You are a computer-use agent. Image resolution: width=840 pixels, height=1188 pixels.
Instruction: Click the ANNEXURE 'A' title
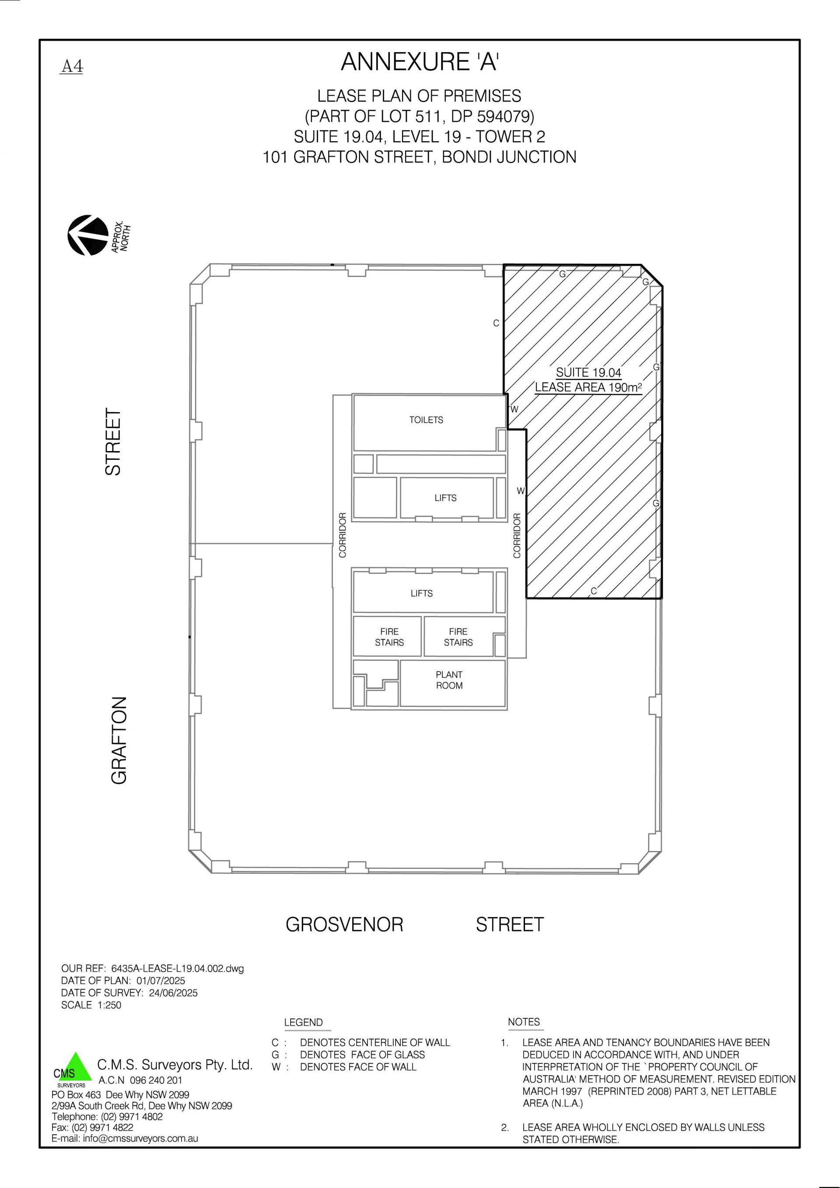420,63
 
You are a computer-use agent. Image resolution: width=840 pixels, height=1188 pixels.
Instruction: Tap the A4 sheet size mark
72,67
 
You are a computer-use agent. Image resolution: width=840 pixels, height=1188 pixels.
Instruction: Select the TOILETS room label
426,420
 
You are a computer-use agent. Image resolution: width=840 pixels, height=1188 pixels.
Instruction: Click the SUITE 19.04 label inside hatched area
588,372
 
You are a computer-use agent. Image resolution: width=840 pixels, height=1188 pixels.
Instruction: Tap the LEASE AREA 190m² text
588,387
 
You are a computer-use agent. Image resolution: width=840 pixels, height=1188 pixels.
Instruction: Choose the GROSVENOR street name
344,925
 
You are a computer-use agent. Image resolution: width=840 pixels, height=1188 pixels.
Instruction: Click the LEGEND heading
303,1023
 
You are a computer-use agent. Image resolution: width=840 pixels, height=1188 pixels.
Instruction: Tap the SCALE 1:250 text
91,1006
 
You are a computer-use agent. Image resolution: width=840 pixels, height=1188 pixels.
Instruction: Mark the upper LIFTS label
445,498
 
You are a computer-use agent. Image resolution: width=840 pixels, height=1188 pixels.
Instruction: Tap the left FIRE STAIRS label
389,637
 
